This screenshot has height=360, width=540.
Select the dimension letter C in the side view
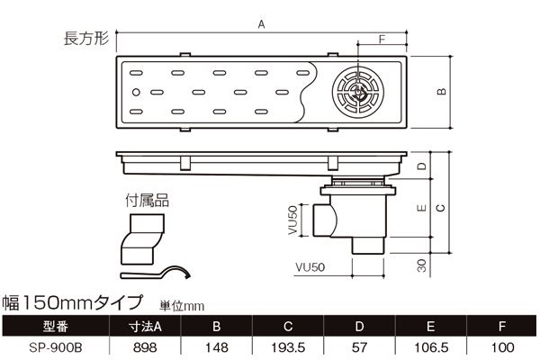(x=439, y=207)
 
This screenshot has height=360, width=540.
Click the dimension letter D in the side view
(x=421, y=168)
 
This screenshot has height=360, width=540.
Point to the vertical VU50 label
(x=292, y=220)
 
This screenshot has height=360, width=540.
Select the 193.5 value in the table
(x=288, y=346)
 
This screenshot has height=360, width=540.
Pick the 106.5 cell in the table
(x=430, y=346)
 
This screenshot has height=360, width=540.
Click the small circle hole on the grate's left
(x=135, y=92)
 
